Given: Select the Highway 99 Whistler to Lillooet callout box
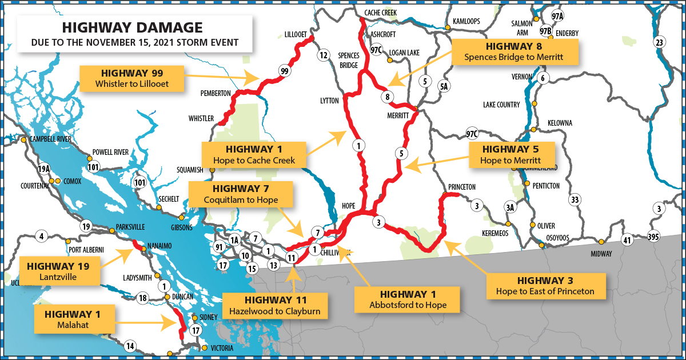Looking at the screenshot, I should pos(132,79).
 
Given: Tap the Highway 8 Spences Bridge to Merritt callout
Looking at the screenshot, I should pos(513,51).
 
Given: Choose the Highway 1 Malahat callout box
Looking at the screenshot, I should pos(75,319).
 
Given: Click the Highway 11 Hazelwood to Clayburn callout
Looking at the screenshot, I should pos(276,306).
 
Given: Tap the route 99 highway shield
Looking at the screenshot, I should pos(284,71).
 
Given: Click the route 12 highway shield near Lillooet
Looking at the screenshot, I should pos(324,55).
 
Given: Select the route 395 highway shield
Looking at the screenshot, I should pos(654,236).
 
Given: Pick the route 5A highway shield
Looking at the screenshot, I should pos(444,86).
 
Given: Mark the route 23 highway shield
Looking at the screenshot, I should pos(659,43).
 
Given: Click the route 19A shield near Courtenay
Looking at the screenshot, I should pos(44,169).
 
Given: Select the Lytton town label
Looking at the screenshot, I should pos(329,101).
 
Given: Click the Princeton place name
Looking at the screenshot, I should pos(462,187).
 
